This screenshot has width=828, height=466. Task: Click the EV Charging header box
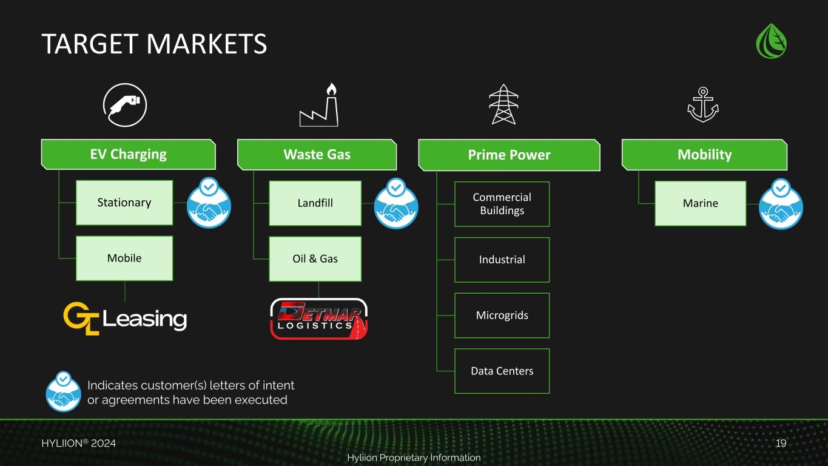129,154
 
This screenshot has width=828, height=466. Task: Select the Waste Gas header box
317,155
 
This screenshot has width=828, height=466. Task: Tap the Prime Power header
509,155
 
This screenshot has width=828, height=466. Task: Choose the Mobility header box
704,155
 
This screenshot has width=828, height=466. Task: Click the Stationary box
124,203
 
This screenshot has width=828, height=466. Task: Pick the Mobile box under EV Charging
124,258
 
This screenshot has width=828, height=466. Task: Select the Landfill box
315,203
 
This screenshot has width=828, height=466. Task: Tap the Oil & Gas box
315,259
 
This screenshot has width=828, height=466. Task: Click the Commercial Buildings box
502,204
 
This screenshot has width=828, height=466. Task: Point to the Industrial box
502,260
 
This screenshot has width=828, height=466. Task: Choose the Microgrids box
502,316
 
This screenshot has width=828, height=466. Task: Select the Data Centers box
502,371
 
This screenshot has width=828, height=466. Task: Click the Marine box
700,203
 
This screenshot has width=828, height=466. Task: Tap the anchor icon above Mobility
702,104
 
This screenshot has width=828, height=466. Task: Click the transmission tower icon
502,104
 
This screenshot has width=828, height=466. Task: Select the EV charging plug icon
125,104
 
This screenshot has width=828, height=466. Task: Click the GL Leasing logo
125,318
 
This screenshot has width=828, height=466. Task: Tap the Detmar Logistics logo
318,319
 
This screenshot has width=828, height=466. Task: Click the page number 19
781,444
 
